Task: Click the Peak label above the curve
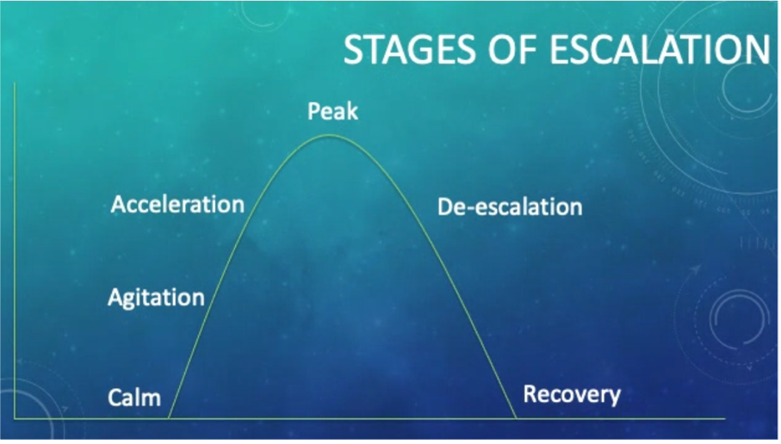[x=332, y=111]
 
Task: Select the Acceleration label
[x=178, y=205]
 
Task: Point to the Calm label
[x=134, y=398]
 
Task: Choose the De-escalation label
[x=510, y=207]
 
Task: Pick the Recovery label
[x=572, y=394]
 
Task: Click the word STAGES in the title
[x=409, y=49]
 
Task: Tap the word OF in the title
[x=512, y=49]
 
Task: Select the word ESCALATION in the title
[x=660, y=49]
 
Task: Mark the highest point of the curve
[x=329, y=135]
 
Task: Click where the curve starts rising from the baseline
[x=169, y=418]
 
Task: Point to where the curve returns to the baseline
[x=517, y=418]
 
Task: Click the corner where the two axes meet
[x=15, y=418]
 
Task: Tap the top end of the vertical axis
[x=15, y=83]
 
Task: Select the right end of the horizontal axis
[x=725, y=418]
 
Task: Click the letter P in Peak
[x=313, y=111]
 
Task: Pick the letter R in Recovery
[x=530, y=393]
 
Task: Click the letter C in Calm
[x=115, y=398]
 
